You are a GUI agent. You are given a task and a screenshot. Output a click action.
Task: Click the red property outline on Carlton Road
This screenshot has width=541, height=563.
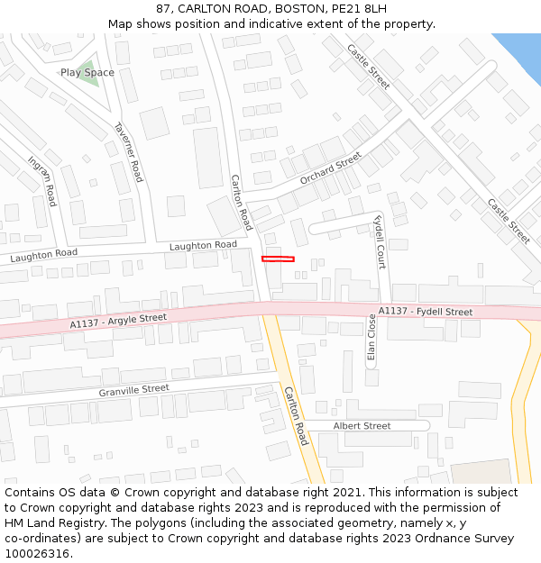278,259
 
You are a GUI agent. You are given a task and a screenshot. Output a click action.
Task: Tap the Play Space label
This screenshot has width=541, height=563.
87,72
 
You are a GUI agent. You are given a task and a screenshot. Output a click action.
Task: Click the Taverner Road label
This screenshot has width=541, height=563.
128,151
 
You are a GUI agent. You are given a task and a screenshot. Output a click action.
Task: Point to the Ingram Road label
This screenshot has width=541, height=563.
42,181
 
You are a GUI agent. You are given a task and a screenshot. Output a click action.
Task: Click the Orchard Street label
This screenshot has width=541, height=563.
330,168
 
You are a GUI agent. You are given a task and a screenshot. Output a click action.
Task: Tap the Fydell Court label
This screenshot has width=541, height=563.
380,241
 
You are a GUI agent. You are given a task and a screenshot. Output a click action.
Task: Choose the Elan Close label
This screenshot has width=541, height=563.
371,337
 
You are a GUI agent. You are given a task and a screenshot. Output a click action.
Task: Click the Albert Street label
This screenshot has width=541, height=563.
362,426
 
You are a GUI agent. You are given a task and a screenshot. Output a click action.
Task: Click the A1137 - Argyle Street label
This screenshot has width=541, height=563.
119,321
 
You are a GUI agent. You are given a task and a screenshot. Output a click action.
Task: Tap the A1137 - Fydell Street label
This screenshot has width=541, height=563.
425,312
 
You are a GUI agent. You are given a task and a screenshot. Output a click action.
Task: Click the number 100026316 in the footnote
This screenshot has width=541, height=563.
37,553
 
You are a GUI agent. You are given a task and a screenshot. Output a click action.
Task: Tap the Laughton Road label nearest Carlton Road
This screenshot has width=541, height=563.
203,245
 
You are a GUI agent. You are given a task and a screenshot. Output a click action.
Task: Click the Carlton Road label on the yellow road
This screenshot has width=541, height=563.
296,415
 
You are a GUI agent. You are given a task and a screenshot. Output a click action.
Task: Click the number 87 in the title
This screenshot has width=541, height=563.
163,8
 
